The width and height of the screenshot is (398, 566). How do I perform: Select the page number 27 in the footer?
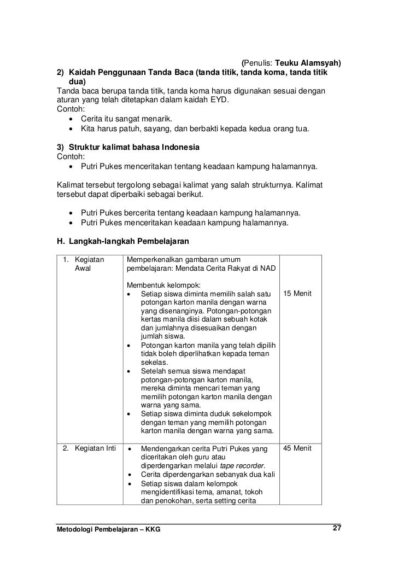[x=337, y=529]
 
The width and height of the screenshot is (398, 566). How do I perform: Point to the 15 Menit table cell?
[x=297, y=294]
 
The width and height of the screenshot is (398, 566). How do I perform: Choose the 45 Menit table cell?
[x=297, y=448]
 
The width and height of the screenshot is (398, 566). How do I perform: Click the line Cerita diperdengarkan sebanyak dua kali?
[x=207, y=474]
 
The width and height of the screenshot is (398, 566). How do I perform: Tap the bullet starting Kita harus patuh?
[x=195, y=129]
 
